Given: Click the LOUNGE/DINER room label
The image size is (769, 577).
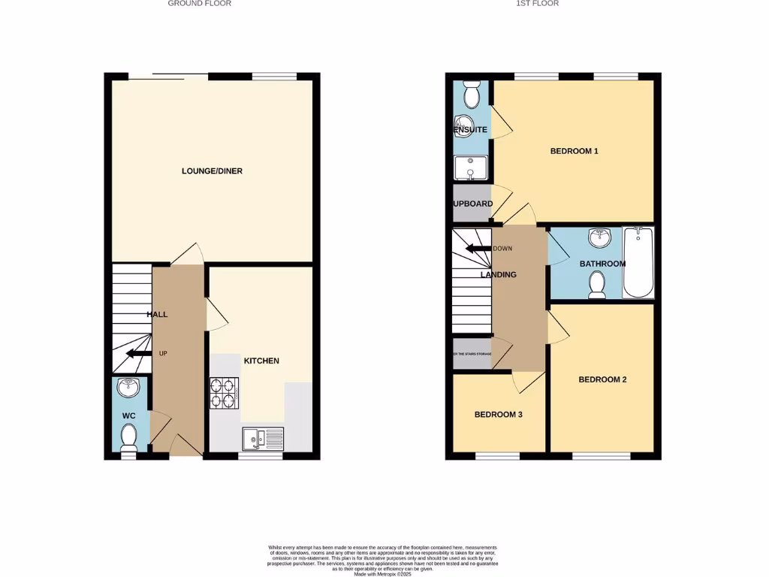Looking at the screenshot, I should [212, 171].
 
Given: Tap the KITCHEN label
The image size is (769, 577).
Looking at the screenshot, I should [261, 361].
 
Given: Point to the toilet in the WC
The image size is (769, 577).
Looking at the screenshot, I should [128, 437].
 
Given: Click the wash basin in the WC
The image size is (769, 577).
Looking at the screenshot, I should [128, 388].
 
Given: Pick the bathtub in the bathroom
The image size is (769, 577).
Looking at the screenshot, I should [638, 263].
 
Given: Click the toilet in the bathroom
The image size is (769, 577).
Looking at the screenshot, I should [597, 285].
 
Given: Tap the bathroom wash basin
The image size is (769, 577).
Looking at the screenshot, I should [599, 238].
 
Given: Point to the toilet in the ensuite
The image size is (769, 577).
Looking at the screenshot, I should [472, 95].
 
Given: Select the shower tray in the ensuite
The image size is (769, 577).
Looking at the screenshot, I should [471, 169].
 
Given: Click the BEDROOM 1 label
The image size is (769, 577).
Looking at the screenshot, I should [574, 151].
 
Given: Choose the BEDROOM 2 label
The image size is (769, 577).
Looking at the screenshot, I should [602, 379].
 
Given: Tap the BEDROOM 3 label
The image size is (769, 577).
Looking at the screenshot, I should [499, 415].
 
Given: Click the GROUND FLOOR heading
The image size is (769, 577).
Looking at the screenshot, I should [199, 4].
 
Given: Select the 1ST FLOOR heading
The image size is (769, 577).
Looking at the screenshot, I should [537, 4].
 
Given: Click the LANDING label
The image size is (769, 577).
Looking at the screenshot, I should [499, 274].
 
